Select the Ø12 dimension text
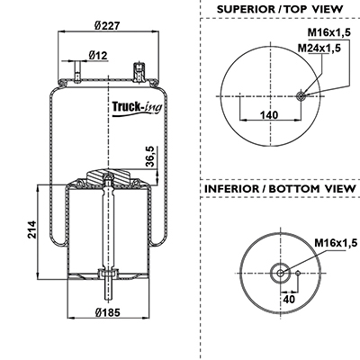98,56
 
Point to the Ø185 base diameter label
107,312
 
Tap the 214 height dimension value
31,229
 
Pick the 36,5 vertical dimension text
149,156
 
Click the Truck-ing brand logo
137,108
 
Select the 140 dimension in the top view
269,115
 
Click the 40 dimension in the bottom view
289,299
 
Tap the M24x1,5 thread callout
319,48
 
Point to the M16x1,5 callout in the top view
329,32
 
